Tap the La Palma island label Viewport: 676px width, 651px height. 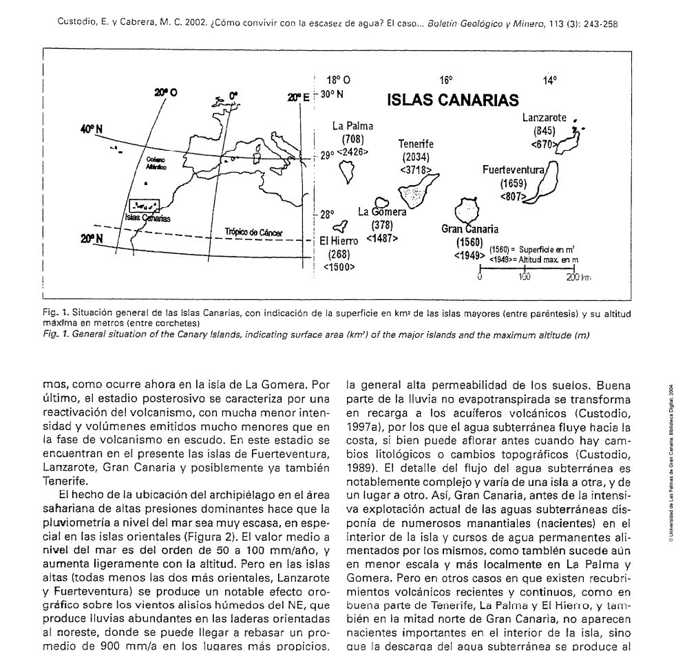pos(352,126)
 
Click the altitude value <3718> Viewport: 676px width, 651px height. pos(417,169)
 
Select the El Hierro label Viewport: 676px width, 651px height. pos(338,241)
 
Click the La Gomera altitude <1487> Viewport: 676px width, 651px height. pos(381,238)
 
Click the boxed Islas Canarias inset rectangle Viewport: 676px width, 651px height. pos(145,206)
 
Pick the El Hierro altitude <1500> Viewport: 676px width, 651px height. pos(338,266)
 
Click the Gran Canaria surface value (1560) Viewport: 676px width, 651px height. pos(469,242)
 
